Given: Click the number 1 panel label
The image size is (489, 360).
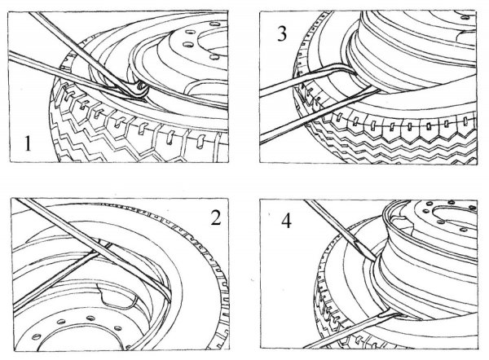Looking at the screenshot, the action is pos(28,143).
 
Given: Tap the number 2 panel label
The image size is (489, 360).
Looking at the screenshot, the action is pos(216,217).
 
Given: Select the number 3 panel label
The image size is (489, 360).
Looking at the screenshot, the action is pos(282,33).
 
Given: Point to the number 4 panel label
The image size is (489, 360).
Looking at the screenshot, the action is pos(286,221).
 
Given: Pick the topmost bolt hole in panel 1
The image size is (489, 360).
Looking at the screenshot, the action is pos(214,24).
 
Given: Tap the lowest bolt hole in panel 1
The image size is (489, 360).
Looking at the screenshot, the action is pos(214,57).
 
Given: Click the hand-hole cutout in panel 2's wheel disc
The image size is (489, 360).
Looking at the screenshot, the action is pos(117,296).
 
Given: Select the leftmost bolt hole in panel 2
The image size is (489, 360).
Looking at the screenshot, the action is pos(37,336).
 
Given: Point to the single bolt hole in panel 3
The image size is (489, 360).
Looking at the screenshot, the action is pos(465,17).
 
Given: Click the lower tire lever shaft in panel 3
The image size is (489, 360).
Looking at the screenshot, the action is pos(319,115).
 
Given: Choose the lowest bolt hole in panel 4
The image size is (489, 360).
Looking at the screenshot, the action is pos(464,230).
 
